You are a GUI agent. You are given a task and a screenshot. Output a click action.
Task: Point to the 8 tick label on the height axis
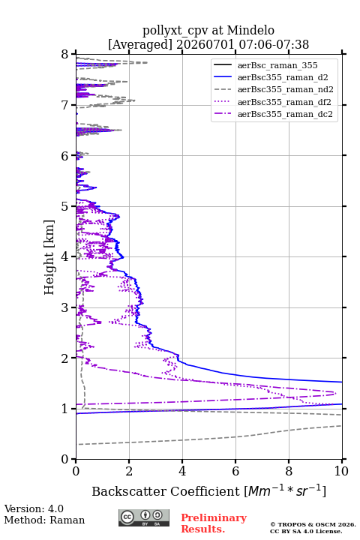[65, 54]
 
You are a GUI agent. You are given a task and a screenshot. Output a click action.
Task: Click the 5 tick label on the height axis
[65, 206]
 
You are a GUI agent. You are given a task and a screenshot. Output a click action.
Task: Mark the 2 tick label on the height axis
[65, 358]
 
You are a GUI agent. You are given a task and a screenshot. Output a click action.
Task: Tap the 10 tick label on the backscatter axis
[341, 471]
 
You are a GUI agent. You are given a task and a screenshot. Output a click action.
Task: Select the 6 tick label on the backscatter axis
[235, 471]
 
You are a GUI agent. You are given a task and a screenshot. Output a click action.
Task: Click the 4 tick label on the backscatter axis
[182, 471]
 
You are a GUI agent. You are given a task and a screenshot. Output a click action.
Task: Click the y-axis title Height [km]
[49, 257]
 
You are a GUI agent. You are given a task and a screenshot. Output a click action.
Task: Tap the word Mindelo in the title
[250, 30]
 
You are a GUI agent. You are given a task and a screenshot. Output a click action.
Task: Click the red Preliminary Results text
[214, 523]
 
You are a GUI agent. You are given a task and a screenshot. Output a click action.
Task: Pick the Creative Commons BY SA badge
[144, 518]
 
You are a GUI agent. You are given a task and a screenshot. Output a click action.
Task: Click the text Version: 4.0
[34, 508]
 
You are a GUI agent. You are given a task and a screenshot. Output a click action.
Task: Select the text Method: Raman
[44, 520]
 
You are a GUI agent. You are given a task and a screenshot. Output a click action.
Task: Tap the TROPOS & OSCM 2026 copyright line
[313, 524]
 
